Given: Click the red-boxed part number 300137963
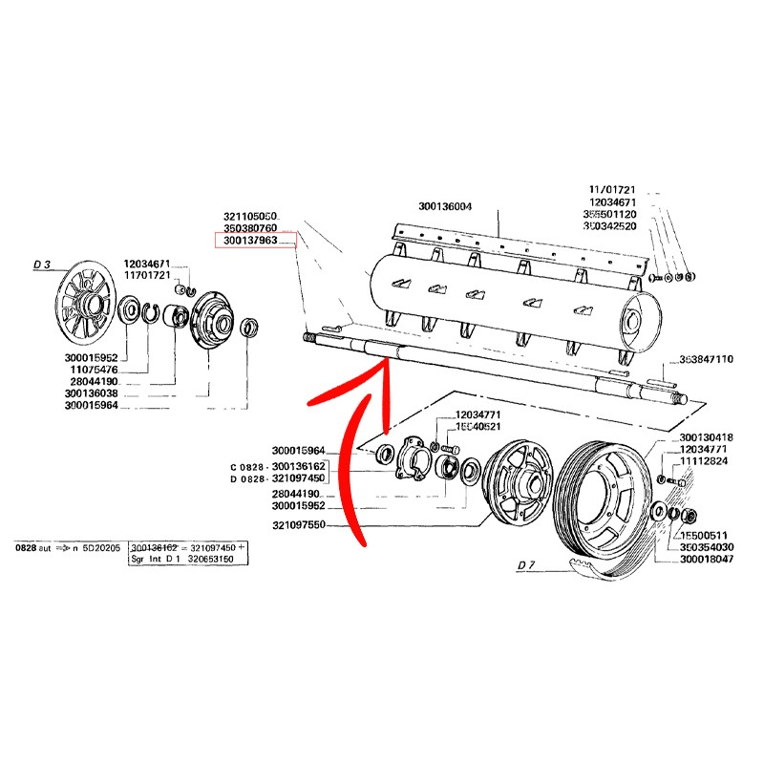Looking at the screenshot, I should coord(250,241).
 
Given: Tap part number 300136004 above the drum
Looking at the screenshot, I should coord(445,206).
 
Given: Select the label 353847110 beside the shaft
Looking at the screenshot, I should coord(706,359).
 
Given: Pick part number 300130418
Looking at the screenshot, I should coord(706,438).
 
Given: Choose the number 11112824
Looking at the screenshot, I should coord(706,461).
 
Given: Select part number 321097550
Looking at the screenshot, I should coord(299,526).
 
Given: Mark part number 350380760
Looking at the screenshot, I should coord(250,229).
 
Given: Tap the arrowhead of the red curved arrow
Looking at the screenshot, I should coord(383,363).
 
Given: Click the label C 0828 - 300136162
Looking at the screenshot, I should coord(278,466).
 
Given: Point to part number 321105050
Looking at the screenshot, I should coord(250,218).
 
